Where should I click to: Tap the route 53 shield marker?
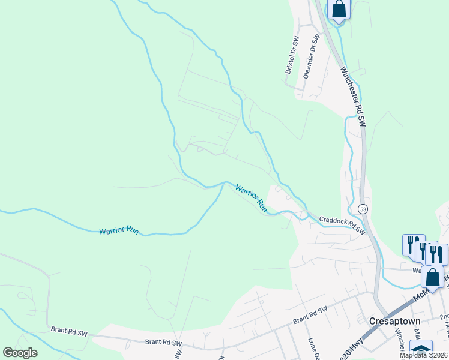pos(362,209)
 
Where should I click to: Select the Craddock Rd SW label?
pos(342,225)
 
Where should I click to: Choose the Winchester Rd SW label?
pos(352,96)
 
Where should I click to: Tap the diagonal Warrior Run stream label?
pos(251,198)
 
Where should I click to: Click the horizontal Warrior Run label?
pos(119,231)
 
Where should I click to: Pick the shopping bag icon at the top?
pos(339,9)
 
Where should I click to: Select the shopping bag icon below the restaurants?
pos(432,277)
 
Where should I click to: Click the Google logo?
pos(20,353)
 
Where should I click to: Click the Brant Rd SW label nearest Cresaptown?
pos(310,316)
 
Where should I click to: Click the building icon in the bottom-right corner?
pos(420,350)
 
